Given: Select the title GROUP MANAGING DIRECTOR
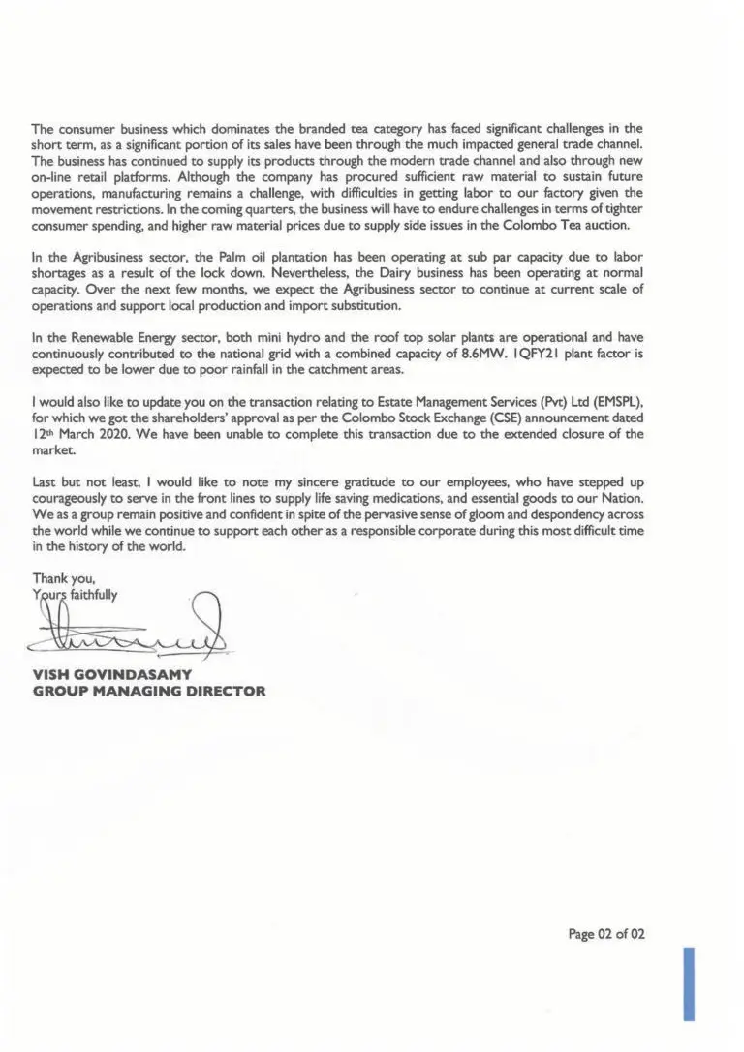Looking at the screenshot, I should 148,692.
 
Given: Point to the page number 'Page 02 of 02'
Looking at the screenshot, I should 606,934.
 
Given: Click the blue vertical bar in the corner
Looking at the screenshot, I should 689,984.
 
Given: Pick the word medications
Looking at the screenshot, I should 382,498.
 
